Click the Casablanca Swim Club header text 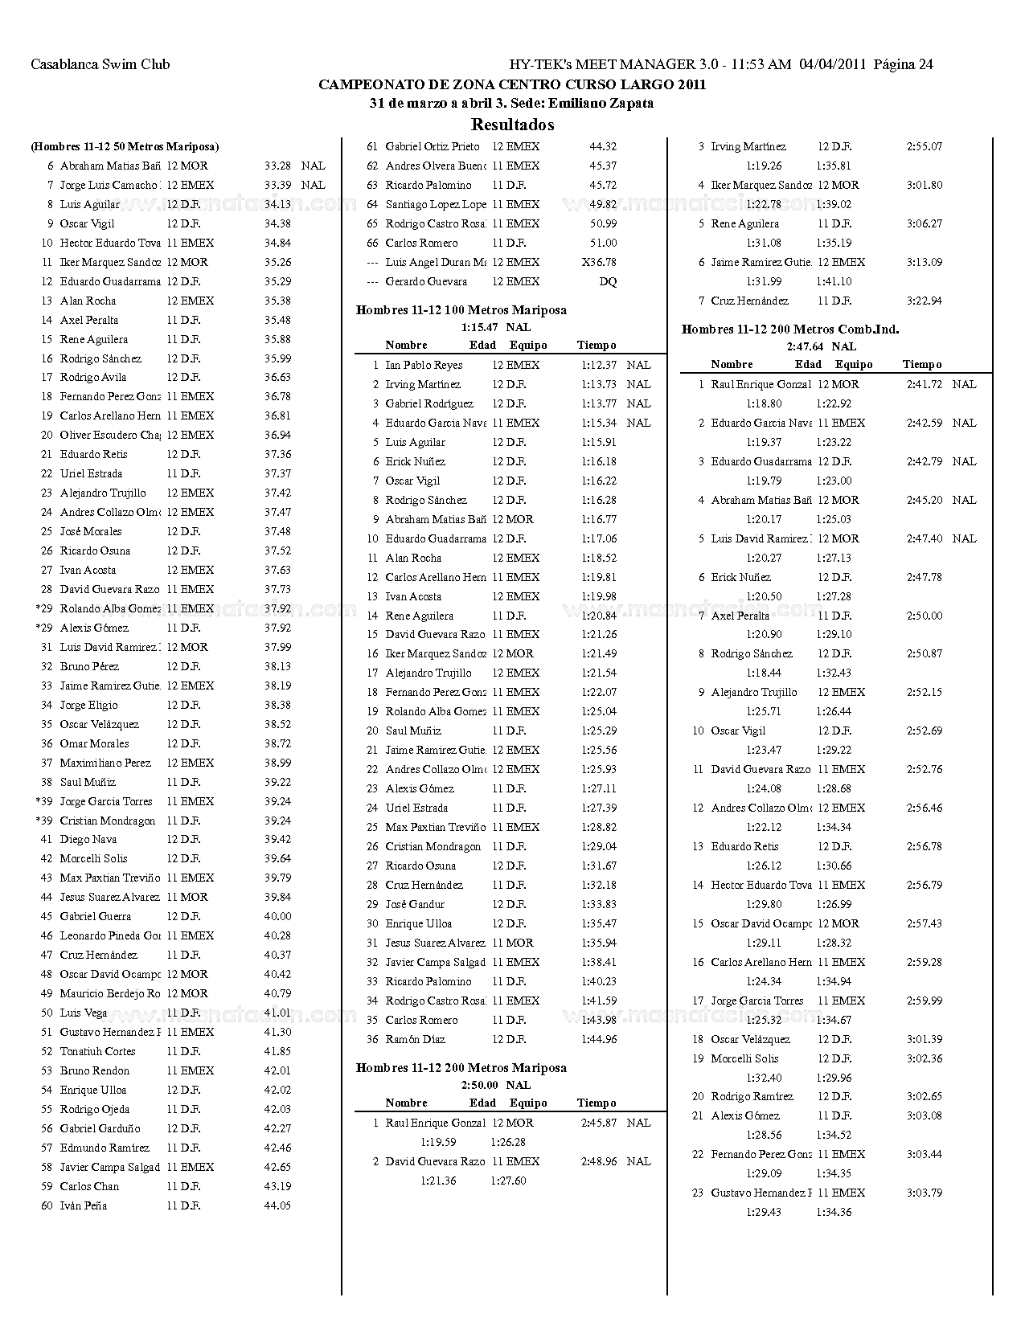pyautogui.click(x=100, y=64)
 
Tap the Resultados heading pyautogui.click(x=512, y=125)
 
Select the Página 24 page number pyautogui.click(x=903, y=64)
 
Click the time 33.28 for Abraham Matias pyautogui.click(x=277, y=166)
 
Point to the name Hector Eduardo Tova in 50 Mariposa pyautogui.click(x=110, y=243)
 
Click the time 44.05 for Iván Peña pyautogui.click(x=277, y=1205)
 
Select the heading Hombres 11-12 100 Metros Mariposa pyautogui.click(x=461, y=310)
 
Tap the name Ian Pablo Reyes pyautogui.click(x=424, y=365)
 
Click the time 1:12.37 pyautogui.click(x=599, y=365)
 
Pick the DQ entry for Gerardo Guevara pyautogui.click(x=608, y=282)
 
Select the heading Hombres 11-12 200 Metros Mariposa pyautogui.click(x=461, y=1068)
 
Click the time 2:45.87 pyautogui.click(x=599, y=1123)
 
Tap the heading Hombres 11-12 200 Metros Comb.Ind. pyautogui.click(x=789, y=329)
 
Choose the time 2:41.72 pyautogui.click(x=924, y=384)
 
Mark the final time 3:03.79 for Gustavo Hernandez pyautogui.click(x=924, y=1193)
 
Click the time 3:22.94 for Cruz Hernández pyautogui.click(x=924, y=301)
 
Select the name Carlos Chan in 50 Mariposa pyautogui.click(x=89, y=1186)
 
